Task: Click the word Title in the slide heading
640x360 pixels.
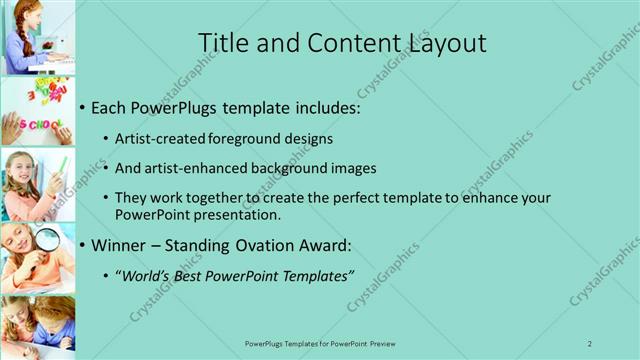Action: pyautogui.click(x=221, y=43)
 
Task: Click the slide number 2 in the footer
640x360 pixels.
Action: pyautogui.click(x=590, y=343)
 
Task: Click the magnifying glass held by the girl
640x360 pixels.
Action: pyautogui.click(x=47, y=239)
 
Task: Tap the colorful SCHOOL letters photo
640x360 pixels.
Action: pyautogui.click(x=37, y=111)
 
